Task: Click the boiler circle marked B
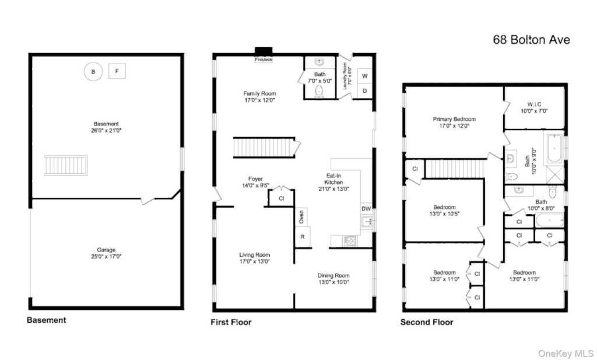tap(93, 72)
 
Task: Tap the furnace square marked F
tap(117, 71)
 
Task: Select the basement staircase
tap(66, 165)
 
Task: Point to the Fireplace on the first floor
tap(264, 54)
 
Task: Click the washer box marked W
tap(364, 76)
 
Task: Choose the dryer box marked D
tap(364, 91)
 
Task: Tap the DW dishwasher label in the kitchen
tap(366, 208)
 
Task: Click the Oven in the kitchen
tap(301, 217)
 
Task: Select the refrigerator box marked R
tap(303, 236)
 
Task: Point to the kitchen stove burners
tap(350, 241)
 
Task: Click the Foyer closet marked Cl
tap(282, 198)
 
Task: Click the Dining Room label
tap(333, 275)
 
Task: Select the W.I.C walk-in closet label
tap(534, 104)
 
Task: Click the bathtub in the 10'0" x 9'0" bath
tap(555, 148)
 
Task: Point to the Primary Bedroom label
tap(454, 119)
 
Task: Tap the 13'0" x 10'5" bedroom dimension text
tap(444, 214)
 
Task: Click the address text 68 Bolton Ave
tap(532, 40)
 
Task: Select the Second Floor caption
tap(427, 322)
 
